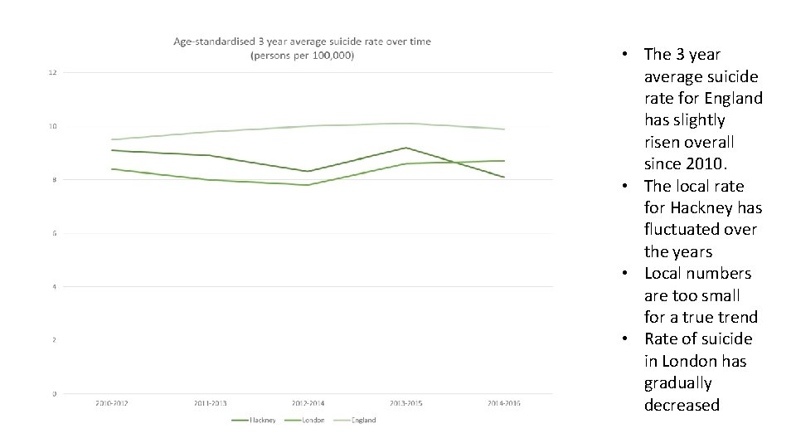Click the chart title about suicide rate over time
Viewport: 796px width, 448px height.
pyautogui.click(x=302, y=48)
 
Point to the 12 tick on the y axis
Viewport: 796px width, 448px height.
pyautogui.click(x=52, y=73)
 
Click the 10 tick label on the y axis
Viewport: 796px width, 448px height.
pyautogui.click(x=52, y=126)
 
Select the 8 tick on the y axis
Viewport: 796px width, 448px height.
pyautogui.click(x=53, y=180)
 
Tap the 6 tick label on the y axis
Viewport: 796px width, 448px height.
pyautogui.click(x=53, y=233)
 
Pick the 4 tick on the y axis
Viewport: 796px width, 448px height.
pyautogui.click(x=53, y=287)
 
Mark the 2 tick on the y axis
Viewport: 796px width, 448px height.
pyautogui.click(x=53, y=340)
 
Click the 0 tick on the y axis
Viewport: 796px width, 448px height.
pyautogui.click(x=53, y=393)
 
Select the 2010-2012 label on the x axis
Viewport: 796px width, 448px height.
pyautogui.click(x=111, y=403)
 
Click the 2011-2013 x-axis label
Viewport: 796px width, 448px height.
pyautogui.click(x=210, y=403)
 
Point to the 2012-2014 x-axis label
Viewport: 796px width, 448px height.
pyautogui.click(x=308, y=403)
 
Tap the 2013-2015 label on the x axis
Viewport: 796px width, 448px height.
pyautogui.click(x=405, y=403)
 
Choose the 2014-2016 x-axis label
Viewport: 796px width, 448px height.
pyautogui.click(x=504, y=403)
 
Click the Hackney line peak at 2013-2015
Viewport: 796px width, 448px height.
pyautogui.click(x=405, y=148)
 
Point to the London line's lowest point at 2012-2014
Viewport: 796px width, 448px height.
pyautogui.click(x=308, y=185)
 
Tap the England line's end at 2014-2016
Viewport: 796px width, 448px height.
pyautogui.click(x=504, y=129)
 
